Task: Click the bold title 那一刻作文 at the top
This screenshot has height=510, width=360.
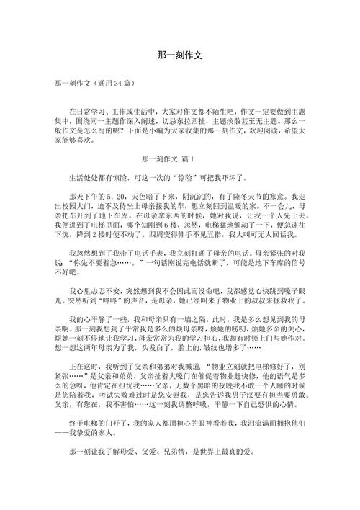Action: pyautogui.click(x=180, y=55)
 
